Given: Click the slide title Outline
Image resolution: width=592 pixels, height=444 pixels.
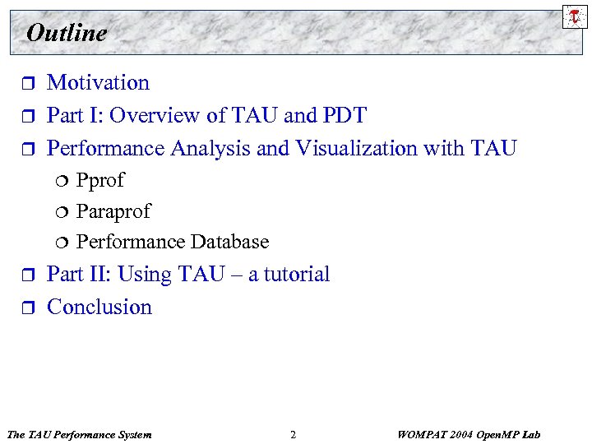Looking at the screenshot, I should tap(67, 33).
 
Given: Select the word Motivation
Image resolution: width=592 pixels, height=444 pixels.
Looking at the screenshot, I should tap(98, 82).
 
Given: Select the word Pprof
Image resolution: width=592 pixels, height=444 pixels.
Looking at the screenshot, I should tap(100, 181).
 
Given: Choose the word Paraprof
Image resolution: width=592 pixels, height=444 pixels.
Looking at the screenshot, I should tap(113, 211).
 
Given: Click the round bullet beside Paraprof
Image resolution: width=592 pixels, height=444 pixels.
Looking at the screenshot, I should tap(63, 212).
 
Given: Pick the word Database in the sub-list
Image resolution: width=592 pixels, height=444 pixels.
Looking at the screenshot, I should tap(229, 242).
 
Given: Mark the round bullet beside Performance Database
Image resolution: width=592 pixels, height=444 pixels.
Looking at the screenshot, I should tap(63, 243).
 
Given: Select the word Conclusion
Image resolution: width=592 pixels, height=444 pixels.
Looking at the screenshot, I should tap(99, 307).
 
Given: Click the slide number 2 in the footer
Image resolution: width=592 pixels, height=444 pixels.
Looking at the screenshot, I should tap(294, 434).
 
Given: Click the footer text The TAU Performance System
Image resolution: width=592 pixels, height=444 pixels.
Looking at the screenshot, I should tap(78, 434).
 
